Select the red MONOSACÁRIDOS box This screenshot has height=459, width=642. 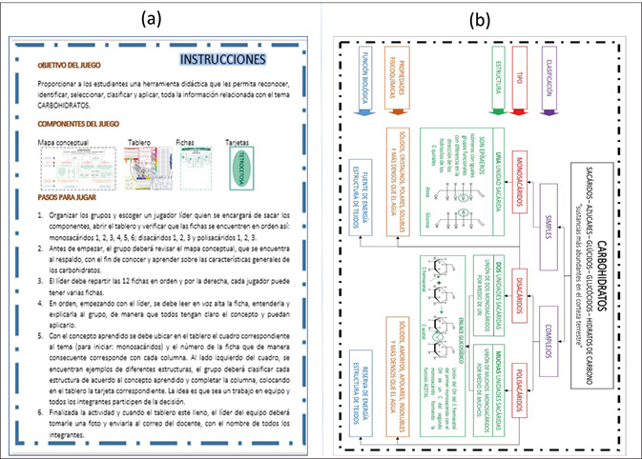point(521,162)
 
